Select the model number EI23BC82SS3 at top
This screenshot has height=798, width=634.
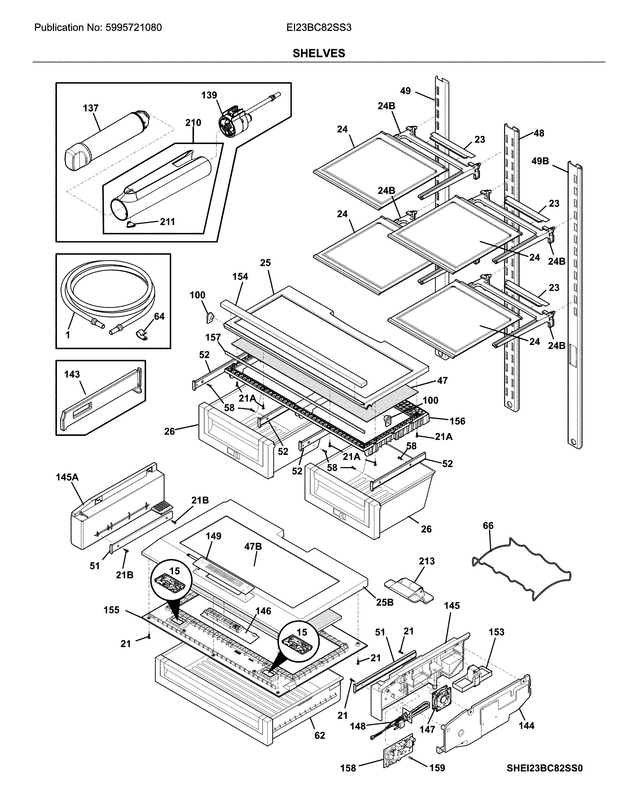click(x=319, y=28)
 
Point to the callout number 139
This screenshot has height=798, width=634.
click(x=209, y=95)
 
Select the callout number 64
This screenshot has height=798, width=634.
click(x=159, y=317)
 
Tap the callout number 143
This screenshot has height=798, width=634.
click(x=72, y=374)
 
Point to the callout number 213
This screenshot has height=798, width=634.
click(x=427, y=561)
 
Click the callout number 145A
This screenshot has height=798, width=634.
click(x=67, y=477)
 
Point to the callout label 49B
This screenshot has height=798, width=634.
click(x=540, y=161)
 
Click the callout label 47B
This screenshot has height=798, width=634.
click(x=253, y=557)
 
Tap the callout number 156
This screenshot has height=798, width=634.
click(x=457, y=421)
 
